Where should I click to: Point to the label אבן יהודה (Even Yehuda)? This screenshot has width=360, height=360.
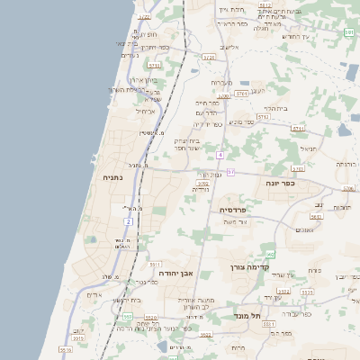pyautogui.click(x=175, y=273)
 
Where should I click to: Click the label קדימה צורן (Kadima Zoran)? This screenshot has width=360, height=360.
pyautogui.click(x=264, y=267)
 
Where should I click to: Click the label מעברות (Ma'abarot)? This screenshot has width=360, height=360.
pyautogui.click(x=221, y=83)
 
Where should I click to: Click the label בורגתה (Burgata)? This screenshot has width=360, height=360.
pyautogui.click(x=346, y=165)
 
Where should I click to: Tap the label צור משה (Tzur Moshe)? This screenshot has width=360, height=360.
pyautogui.click(x=237, y=221)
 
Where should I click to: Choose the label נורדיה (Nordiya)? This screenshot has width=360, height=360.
pyautogui.click(x=200, y=189)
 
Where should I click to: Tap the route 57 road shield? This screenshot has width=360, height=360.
pyautogui.click(x=230, y=172)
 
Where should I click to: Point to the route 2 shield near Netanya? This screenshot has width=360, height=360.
pyautogui.click(x=129, y=220)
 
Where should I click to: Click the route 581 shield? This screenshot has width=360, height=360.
pyautogui.click(x=349, y=32)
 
